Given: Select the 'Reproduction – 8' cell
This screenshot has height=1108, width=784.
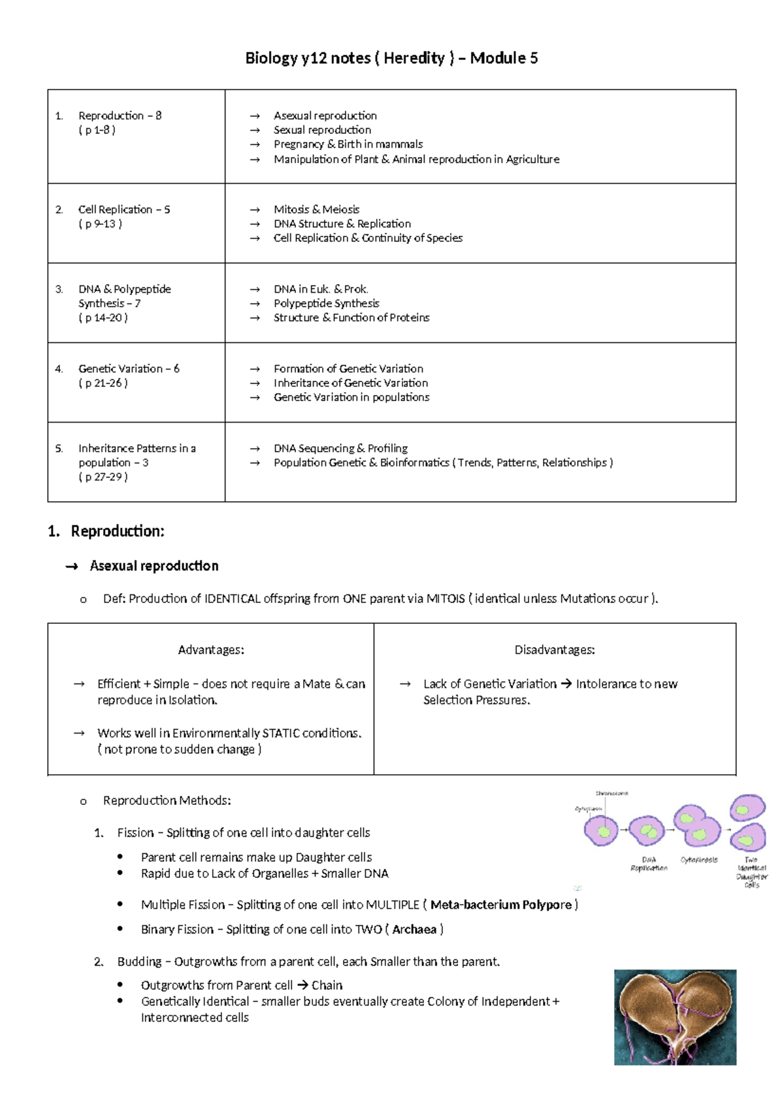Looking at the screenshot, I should point(120,116).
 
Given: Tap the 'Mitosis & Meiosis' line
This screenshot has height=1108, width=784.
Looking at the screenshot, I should point(316,210).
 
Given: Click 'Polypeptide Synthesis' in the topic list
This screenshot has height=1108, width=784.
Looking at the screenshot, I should point(326,303).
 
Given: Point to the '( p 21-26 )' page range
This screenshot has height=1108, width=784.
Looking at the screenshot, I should point(103,383).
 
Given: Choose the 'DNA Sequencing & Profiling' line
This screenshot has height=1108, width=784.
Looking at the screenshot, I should point(340,448).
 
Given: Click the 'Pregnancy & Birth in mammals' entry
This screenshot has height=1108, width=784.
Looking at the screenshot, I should point(348,144).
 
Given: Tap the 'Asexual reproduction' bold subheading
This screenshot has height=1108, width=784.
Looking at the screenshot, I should point(154,566).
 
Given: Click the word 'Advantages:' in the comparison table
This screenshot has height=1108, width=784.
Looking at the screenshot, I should point(211,650).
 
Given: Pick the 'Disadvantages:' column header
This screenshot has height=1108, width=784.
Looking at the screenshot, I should point(554,650).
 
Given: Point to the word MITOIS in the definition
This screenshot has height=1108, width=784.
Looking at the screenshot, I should point(445,599).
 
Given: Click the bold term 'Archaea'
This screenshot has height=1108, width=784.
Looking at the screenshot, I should point(414,930).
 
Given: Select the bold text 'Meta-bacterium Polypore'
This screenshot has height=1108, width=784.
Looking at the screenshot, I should point(500,905).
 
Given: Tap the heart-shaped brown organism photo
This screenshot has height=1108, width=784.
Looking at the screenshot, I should point(674,1017).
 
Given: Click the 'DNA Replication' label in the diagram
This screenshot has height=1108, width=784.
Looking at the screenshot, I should point(649,864).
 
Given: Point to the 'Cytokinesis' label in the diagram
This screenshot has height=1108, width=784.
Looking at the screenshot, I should point(699,860).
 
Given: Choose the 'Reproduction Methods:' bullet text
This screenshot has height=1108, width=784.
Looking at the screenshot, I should point(167,801).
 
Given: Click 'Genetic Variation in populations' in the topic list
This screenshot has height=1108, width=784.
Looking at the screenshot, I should point(351,397).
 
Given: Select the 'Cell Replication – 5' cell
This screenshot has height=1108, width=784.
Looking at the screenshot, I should point(123,210).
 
